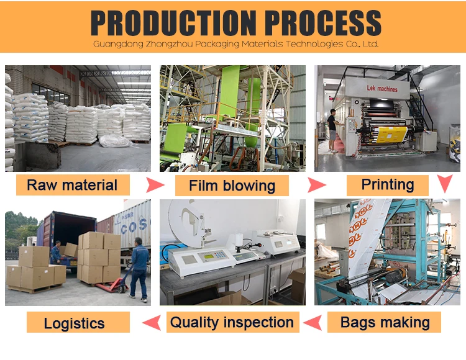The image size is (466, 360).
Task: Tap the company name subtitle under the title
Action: pos(235,45)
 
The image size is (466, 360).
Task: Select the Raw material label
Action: pos(72,185)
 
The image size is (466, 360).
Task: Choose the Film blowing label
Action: pos(232,186)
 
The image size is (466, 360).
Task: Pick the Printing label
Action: pos(387,184)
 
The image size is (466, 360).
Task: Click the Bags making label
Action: pos(385,322)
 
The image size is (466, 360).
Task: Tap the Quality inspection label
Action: pos(232,322)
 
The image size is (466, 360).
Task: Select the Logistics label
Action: pos(74,323)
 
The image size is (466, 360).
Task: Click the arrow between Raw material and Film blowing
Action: pos(154,185)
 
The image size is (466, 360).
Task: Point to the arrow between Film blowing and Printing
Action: pos(316,185)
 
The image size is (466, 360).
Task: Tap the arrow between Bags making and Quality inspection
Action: pos(314,322)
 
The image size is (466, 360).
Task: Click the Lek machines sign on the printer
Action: pos(378,89)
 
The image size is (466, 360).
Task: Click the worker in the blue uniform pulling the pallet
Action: pos(139,269)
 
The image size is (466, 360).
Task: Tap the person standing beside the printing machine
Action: pos(332,130)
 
